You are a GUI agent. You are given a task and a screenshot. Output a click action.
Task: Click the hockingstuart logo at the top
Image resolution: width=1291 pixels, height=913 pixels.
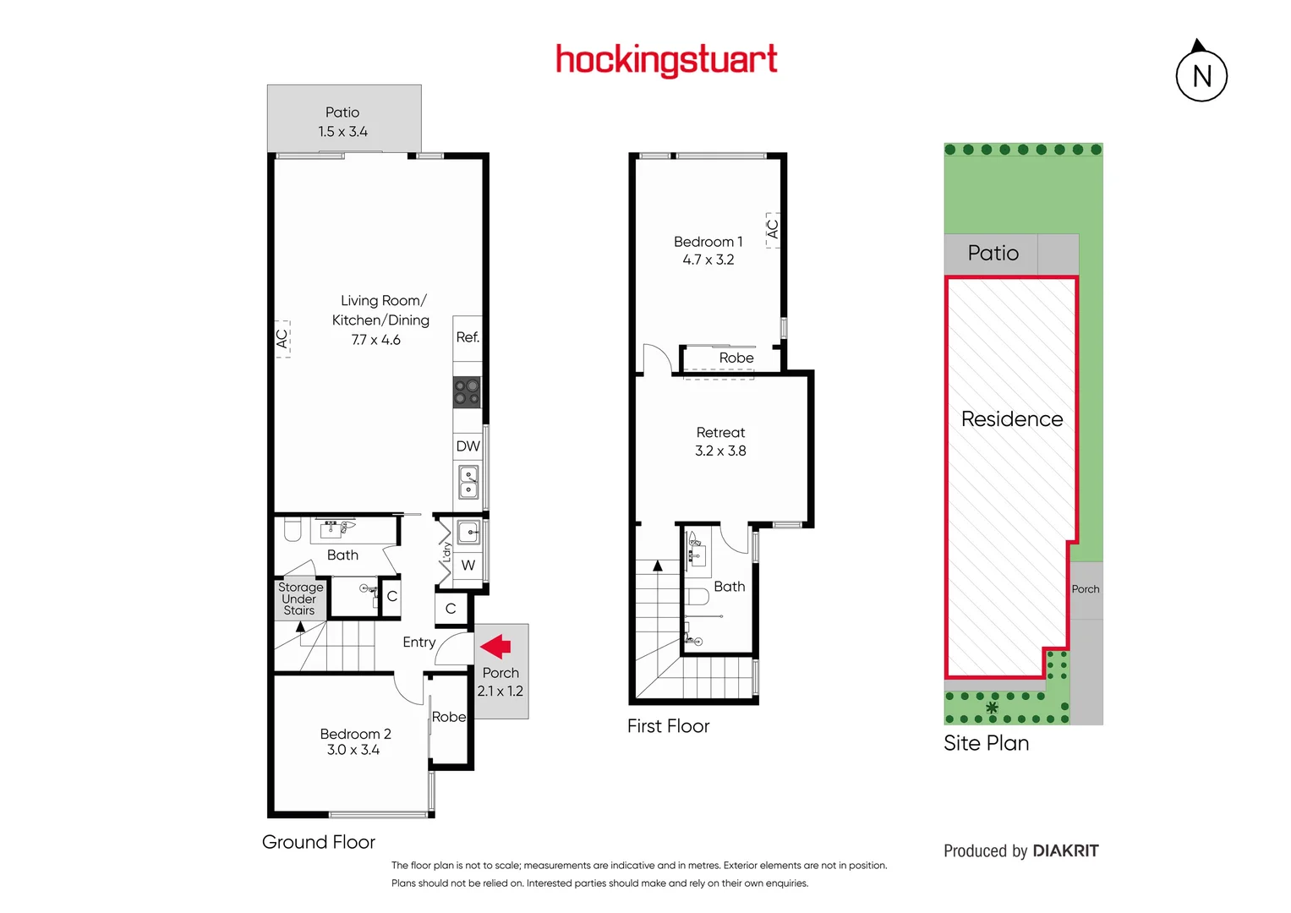coord(666,60)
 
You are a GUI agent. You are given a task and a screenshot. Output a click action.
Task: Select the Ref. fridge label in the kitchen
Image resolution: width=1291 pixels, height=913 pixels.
coord(468,337)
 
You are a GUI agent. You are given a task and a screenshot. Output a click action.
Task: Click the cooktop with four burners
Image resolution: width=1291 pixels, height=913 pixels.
coord(468,392)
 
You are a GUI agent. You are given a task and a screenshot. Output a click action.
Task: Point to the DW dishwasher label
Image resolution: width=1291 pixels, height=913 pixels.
coord(468,446)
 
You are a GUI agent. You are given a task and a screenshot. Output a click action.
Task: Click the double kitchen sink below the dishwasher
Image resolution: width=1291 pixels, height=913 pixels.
coord(468,482)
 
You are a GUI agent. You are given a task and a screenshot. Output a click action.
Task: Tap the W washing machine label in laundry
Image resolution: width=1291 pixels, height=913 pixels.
coord(468,566)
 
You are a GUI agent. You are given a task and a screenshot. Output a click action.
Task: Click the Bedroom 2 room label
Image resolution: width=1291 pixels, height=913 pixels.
coord(355,734)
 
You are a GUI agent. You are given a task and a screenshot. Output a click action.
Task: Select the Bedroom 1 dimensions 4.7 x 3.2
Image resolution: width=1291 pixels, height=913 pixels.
coord(708,260)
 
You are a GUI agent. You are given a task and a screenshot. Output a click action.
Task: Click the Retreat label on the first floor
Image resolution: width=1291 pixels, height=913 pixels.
coord(720,432)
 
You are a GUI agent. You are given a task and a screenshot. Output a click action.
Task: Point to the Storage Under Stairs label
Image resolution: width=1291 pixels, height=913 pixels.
coord(300,599)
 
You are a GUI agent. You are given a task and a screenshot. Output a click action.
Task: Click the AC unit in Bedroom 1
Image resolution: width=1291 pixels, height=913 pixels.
coord(772,229)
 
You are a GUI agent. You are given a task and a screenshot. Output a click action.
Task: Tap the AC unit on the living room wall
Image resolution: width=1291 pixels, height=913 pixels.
coord(282,339)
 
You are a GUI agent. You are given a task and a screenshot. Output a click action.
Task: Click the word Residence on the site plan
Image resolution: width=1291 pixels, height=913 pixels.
coord(1012,419)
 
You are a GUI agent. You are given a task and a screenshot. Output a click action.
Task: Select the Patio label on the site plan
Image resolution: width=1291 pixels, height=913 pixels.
coord(993,254)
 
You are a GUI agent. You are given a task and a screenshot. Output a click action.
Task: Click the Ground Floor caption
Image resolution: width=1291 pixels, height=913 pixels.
coord(319,842)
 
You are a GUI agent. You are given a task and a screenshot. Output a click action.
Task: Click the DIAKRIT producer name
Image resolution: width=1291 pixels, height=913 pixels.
coord(1065,851)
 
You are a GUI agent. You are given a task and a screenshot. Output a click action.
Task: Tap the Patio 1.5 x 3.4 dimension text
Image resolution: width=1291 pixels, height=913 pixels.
coord(342,132)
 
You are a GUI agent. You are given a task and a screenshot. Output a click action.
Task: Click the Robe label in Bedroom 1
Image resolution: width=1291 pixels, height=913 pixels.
coord(736,358)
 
